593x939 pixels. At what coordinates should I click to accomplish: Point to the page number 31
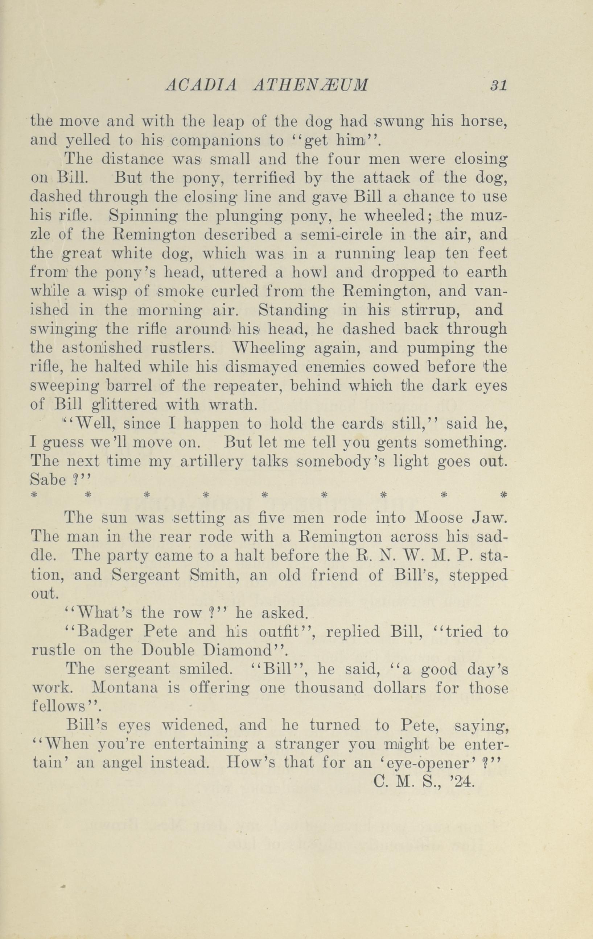point(499,85)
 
